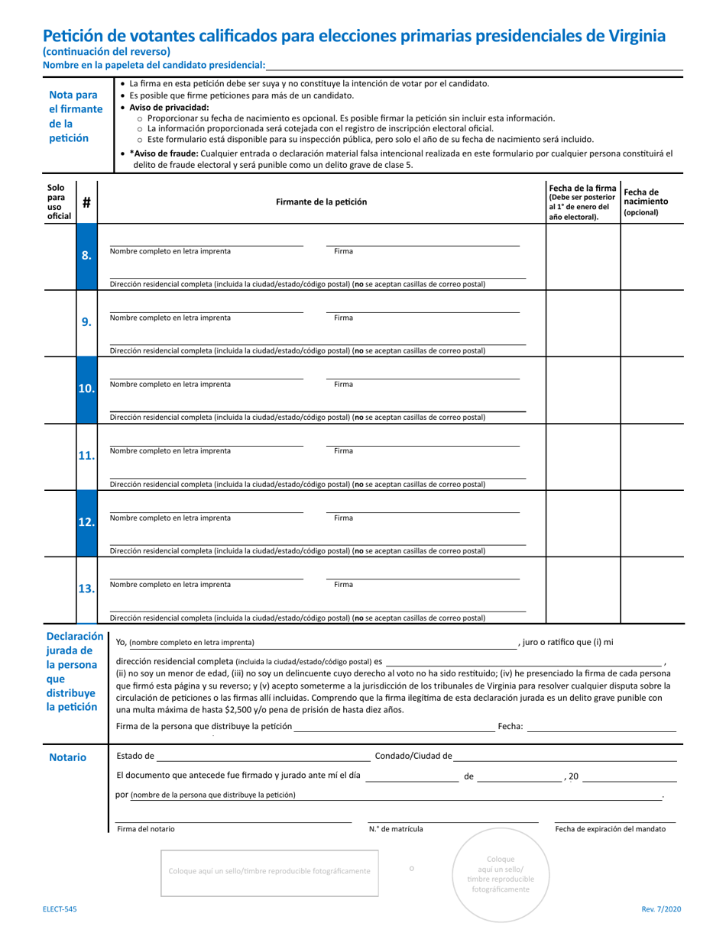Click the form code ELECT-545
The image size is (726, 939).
click(60, 909)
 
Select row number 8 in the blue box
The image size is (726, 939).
click(86, 256)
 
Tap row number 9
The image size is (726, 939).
click(86, 322)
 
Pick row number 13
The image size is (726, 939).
click(86, 589)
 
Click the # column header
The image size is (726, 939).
click(86, 202)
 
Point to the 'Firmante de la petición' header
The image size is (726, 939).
click(321, 202)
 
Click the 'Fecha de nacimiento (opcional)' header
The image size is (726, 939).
click(646, 202)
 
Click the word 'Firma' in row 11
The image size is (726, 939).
click(343, 451)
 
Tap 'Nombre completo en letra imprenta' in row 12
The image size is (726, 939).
click(170, 518)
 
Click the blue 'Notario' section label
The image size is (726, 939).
click(67, 757)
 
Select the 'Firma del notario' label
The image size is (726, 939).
click(145, 829)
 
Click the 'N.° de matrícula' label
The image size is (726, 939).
click(395, 829)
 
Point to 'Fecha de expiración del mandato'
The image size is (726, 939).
click(610, 829)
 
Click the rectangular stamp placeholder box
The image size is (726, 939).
click(269, 871)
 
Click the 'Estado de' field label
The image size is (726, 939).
click(135, 757)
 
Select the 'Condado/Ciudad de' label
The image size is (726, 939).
click(413, 757)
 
